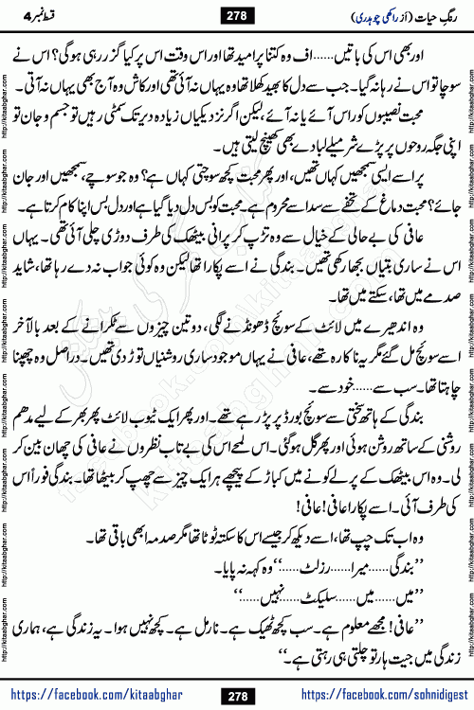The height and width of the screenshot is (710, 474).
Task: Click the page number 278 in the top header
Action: pyautogui.click(x=237, y=15)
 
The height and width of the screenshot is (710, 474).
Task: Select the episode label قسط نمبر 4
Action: pyautogui.click(x=40, y=14)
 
